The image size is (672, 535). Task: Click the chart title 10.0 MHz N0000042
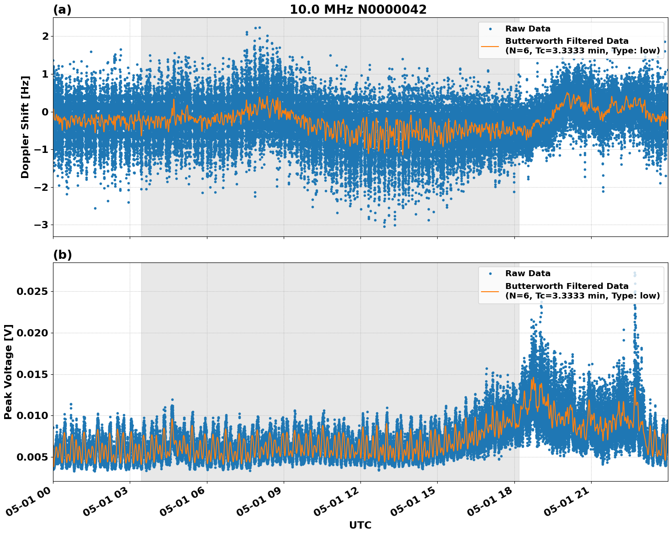point(358,10)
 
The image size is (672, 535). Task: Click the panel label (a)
point(62,10)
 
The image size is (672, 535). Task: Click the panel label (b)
point(62,255)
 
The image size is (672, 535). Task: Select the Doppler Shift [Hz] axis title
point(25,127)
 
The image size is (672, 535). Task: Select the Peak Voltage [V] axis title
point(8,372)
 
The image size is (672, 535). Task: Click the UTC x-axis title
point(360,525)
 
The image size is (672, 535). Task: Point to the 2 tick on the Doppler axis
point(45,37)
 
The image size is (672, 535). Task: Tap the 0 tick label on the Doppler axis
point(45,112)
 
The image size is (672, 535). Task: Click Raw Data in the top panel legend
point(528,29)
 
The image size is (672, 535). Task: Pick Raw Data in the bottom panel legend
point(528,273)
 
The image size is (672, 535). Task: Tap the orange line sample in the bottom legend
point(490,291)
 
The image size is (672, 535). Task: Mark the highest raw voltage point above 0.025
point(635,273)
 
